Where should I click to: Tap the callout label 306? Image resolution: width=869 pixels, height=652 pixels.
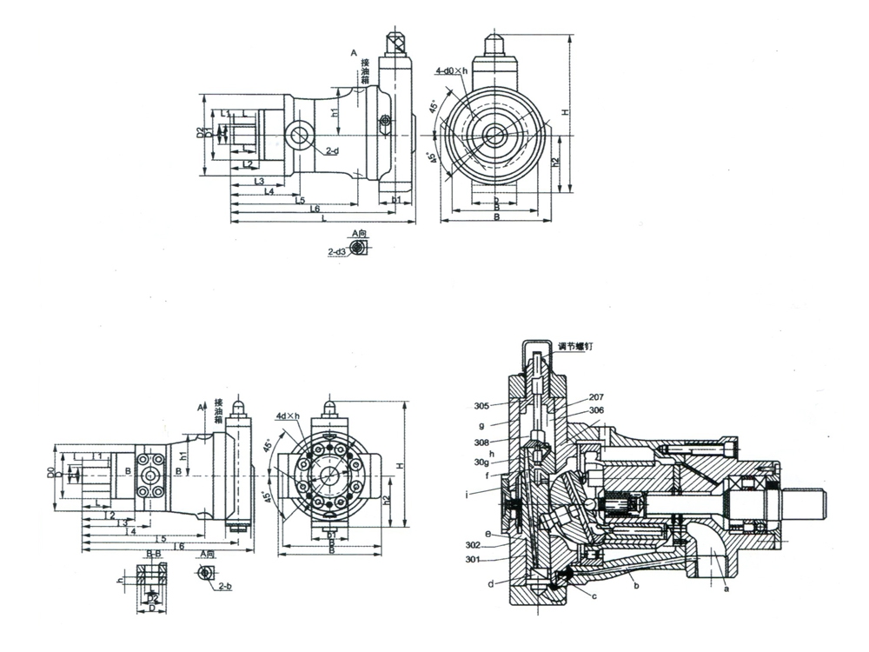pos(596,410)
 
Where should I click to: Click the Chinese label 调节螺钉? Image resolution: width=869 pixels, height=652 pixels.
pos(574,346)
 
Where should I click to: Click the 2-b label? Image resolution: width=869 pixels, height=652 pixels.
pos(224,587)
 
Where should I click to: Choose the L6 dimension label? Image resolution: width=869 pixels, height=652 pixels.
pos(315,210)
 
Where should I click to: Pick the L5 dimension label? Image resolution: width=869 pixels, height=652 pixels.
pos(300,201)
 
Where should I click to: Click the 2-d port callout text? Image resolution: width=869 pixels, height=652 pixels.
pos(331,151)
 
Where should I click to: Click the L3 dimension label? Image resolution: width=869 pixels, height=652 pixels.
pos(259,181)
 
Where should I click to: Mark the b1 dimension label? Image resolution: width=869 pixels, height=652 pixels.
pos(396,200)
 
